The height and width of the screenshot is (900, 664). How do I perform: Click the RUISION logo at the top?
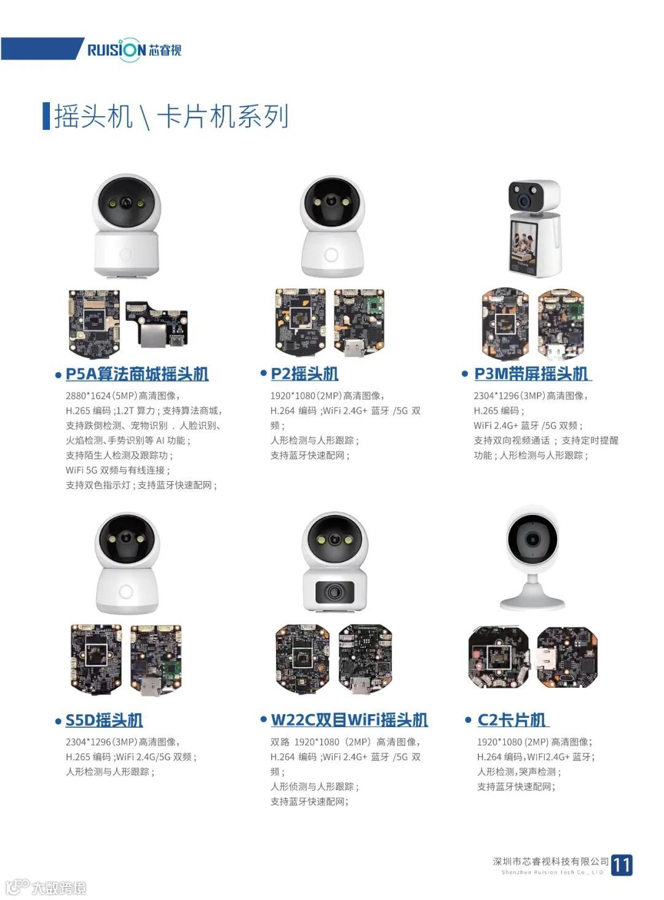134,49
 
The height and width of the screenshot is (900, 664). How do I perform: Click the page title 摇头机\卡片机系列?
171,116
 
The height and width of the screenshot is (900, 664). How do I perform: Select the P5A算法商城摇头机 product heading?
137,373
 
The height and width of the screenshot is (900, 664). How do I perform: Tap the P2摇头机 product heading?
304,373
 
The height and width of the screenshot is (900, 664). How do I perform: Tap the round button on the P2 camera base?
331,255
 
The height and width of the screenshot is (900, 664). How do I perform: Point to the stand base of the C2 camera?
532,602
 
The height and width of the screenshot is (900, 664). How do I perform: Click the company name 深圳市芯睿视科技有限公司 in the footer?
550,861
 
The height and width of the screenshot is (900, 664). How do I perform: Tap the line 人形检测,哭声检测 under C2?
519,771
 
